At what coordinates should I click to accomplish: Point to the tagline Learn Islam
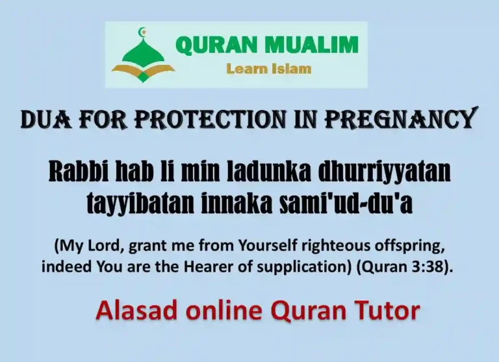pyautogui.click(x=268, y=68)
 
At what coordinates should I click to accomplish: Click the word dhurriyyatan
pyautogui.click(x=375, y=173)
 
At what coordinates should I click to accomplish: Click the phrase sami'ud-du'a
pyautogui.click(x=345, y=203)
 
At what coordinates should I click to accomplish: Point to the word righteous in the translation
pyautogui.click(x=331, y=247)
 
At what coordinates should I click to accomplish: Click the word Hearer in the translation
pyautogui.click(x=203, y=267)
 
